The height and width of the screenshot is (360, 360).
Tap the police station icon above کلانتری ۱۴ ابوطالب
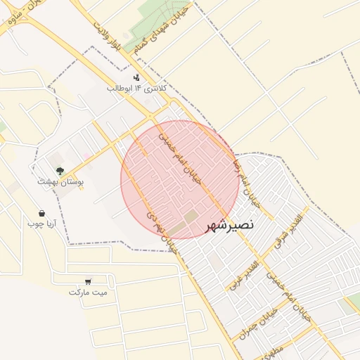136,77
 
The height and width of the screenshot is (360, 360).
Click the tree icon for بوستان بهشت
60,170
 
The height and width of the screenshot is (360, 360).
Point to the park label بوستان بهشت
61,181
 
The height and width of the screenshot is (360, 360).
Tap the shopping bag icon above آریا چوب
41,213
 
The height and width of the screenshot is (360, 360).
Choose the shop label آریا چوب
41,224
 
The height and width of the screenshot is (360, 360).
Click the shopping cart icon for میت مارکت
88,281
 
